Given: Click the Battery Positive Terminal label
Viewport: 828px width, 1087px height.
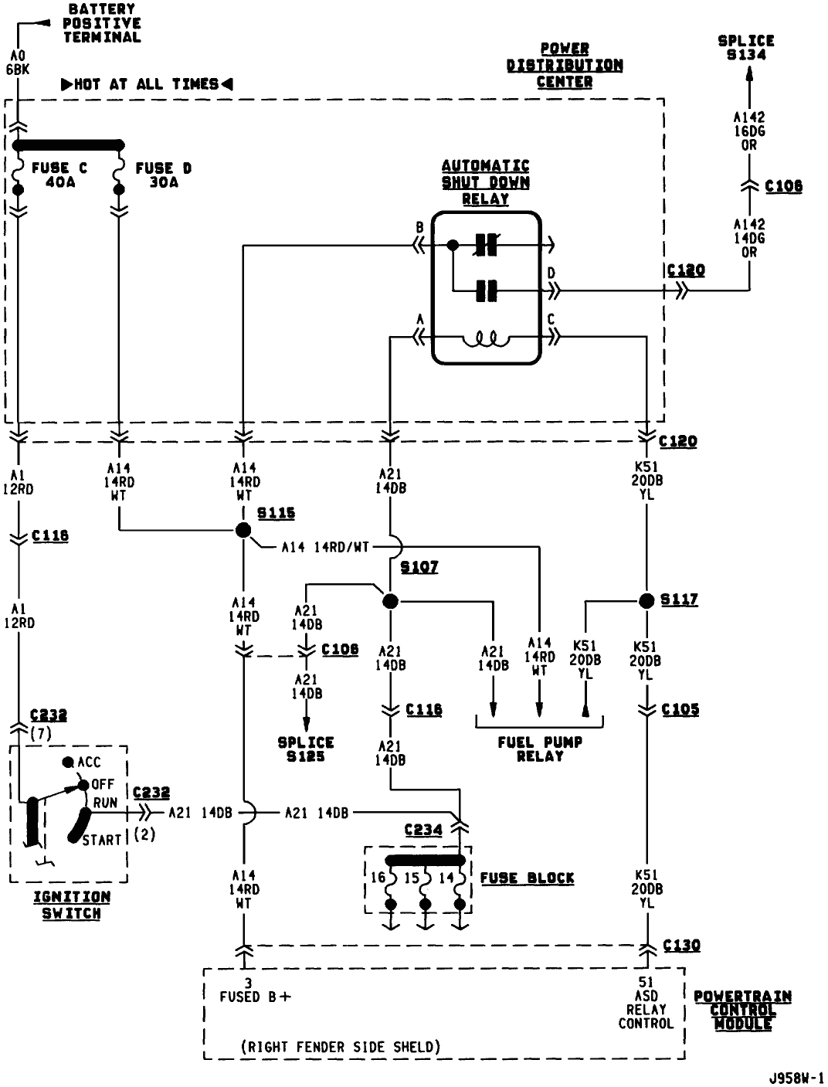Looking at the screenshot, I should point(102,23).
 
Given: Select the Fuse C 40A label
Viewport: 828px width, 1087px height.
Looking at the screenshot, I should point(59,175).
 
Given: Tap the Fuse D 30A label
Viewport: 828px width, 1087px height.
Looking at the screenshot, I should point(163,175).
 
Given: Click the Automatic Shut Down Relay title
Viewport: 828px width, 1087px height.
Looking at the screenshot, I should point(485,182).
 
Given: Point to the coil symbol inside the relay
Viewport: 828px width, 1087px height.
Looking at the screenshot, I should point(485,338).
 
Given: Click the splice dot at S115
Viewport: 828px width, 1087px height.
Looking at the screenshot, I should point(243,530).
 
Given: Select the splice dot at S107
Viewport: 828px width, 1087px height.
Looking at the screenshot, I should point(390,600).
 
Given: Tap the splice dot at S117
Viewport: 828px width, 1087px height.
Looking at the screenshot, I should point(646,600).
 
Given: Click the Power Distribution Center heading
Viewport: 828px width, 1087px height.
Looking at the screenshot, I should point(565,65).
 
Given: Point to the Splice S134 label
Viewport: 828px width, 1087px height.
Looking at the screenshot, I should point(745,47).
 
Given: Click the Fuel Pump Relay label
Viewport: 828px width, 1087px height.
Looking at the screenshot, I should point(540,749).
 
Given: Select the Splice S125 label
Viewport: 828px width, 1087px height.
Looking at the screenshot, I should point(306,749).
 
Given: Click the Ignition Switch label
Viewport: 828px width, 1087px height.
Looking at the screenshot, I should point(71,905).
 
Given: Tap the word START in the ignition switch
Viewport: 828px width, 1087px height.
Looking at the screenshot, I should point(102,840).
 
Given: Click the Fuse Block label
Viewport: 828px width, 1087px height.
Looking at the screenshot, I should point(527,878).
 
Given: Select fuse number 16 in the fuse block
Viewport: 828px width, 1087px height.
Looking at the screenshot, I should point(378,878).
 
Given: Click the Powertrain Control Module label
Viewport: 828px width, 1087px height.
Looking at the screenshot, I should point(742,1010).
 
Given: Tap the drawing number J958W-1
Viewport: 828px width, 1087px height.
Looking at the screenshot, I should point(796,1076).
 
